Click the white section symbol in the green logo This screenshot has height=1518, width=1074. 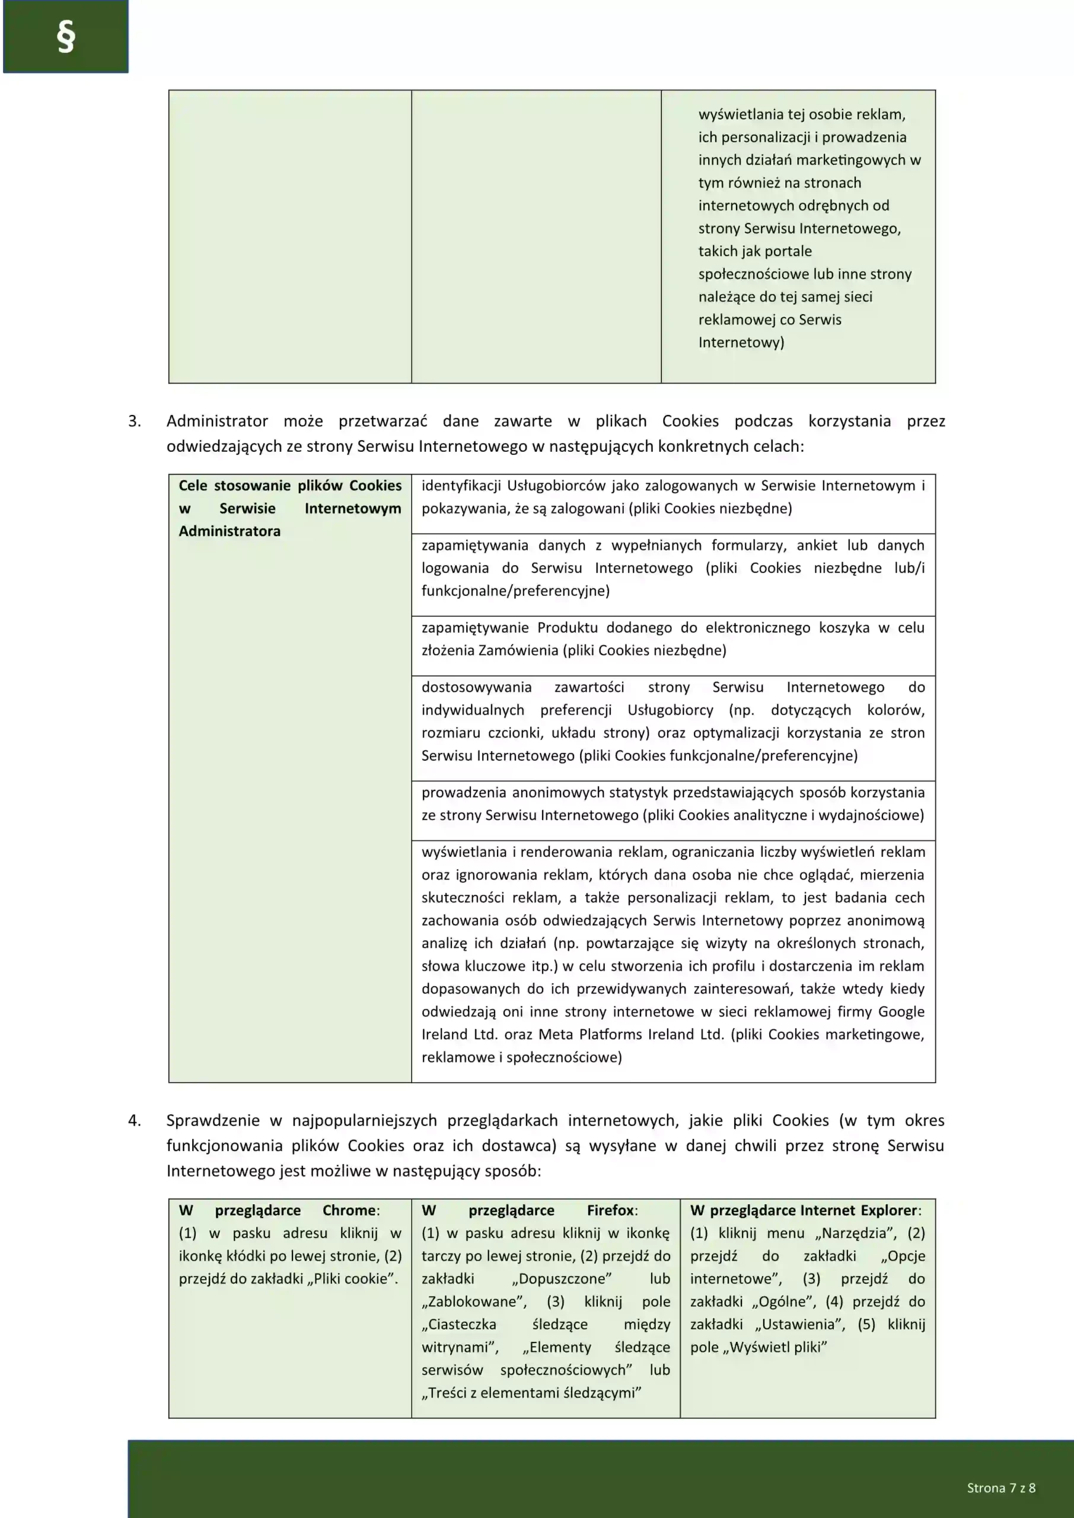coord(65,36)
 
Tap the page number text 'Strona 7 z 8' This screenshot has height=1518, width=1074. coord(1000,1488)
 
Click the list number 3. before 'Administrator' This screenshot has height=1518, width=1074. coord(134,421)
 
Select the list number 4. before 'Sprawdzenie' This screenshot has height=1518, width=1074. coord(134,1120)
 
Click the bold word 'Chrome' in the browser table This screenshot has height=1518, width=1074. coord(349,1210)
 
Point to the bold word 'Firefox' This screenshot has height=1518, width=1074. coord(610,1210)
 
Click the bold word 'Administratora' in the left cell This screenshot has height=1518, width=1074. coord(230,531)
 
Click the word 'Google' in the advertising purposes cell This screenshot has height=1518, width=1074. coord(901,1011)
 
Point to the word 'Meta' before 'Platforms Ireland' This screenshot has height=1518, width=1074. coord(555,1034)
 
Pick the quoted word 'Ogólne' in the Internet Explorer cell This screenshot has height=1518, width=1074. coord(783,1301)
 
